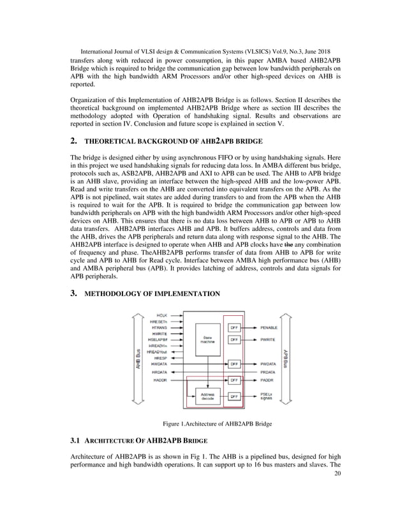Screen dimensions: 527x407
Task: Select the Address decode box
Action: click(x=207, y=396)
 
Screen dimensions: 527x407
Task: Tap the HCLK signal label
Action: click(x=162, y=315)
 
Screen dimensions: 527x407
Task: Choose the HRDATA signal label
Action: click(x=161, y=372)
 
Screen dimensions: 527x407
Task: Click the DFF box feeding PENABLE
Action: click(x=234, y=327)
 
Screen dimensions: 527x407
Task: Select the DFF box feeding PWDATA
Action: click(x=234, y=364)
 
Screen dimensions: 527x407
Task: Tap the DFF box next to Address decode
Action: click(x=234, y=396)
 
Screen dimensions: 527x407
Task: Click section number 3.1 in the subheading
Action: click(x=75, y=440)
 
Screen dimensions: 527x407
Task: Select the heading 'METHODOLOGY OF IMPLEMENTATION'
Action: click(x=152, y=293)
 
